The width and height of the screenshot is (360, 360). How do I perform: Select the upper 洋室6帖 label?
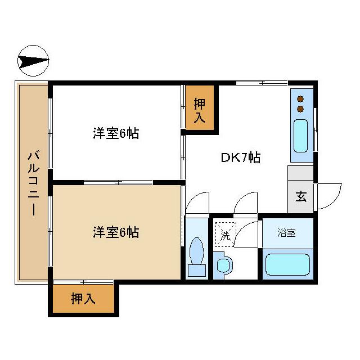[x=116, y=134]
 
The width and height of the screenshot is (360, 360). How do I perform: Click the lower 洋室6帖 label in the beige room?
[x=116, y=231]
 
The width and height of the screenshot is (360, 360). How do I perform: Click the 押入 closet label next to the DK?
[x=200, y=110]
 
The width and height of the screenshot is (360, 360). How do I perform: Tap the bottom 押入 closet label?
[x=83, y=299]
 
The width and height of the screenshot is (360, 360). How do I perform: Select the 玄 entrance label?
[x=301, y=197]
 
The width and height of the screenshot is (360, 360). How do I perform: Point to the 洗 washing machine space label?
[x=225, y=236]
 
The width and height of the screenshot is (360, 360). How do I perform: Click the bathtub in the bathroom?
[x=287, y=264]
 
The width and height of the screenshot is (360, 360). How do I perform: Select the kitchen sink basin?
[x=301, y=135]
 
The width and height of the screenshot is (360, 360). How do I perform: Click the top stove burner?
[x=300, y=97]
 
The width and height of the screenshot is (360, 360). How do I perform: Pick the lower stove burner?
[x=300, y=107]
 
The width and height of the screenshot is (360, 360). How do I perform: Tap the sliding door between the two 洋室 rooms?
[x=118, y=182]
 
